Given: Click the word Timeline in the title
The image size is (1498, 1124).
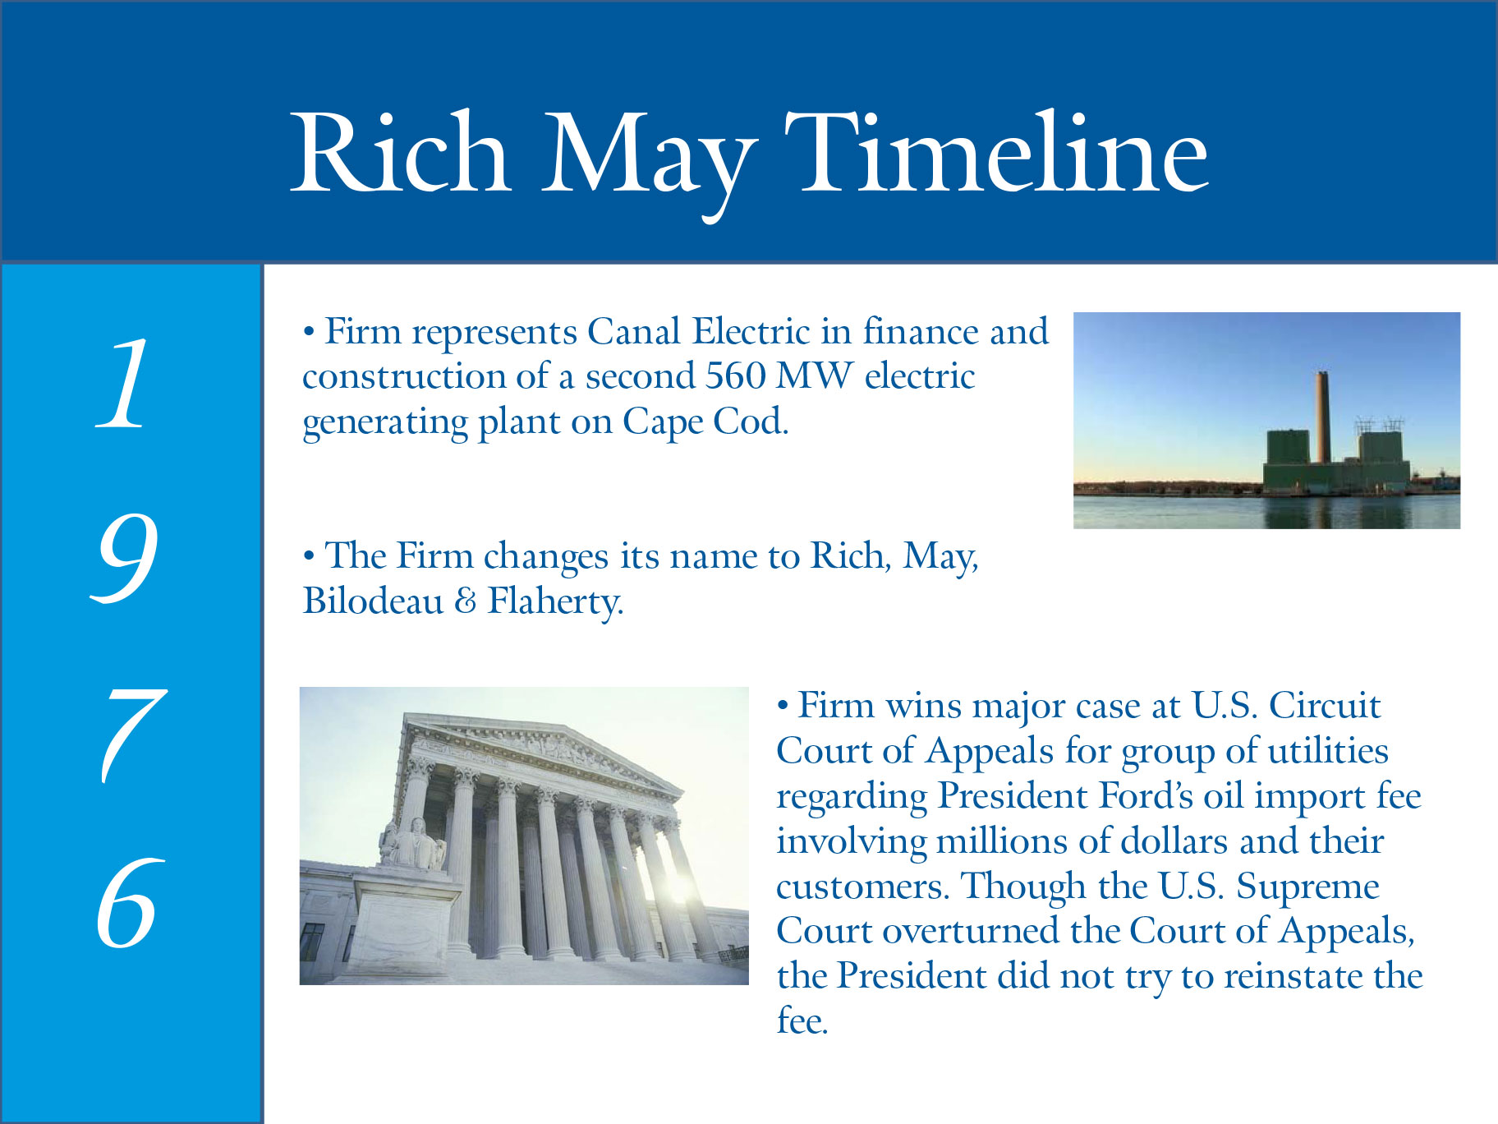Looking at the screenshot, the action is pyautogui.click(x=996, y=153).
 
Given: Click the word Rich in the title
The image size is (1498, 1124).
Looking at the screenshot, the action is pyautogui.click(x=400, y=153).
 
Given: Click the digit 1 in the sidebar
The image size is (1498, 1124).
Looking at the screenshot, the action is pyautogui.click(x=122, y=383).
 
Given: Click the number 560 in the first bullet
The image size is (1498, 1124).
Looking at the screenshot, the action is pyautogui.click(x=736, y=376).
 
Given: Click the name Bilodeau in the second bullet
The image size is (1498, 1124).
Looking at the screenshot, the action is pyautogui.click(x=373, y=601).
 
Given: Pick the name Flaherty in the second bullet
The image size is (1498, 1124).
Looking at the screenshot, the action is pyautogui.click(x=555, y=602).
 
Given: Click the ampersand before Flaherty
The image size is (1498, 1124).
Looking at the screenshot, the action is pyautogui.click(x=466, y=601).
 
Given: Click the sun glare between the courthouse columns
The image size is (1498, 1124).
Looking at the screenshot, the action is pyautogui.click(x=679, y=886).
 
